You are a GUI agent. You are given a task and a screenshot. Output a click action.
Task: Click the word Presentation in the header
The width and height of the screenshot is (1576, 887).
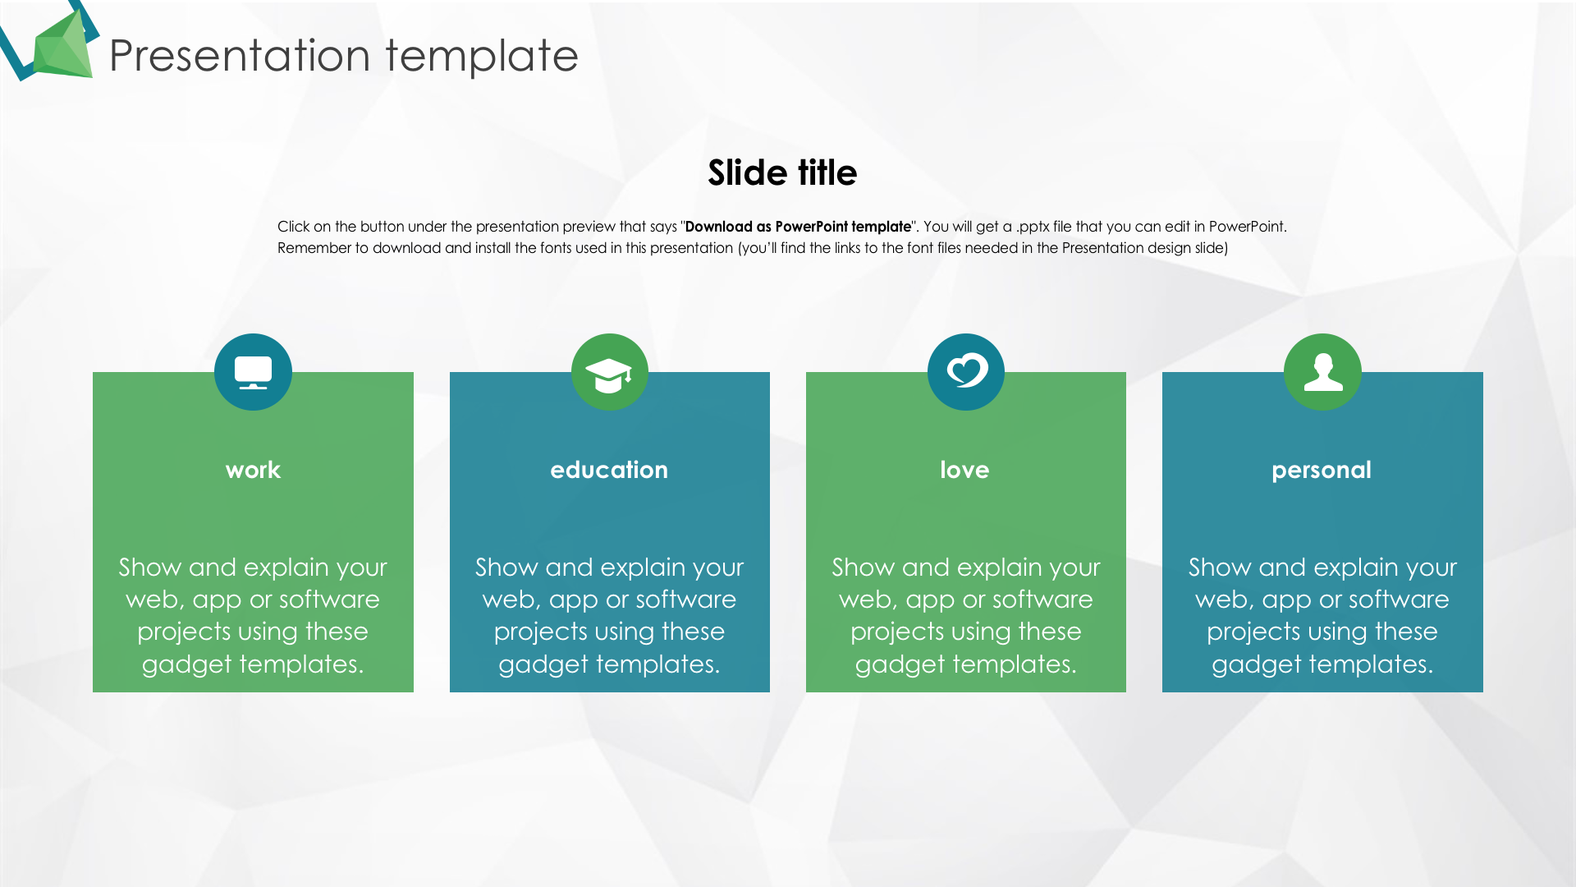(240, 56)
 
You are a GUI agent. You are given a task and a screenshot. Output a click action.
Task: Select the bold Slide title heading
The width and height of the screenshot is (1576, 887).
(782, 172)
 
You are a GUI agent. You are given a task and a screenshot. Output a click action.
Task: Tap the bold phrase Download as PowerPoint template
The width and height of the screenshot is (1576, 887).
(798, 227)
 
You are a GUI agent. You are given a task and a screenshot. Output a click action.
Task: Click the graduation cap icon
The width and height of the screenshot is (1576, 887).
(609, 375)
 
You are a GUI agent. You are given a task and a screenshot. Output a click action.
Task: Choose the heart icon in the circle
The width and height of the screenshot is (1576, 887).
(966, 370)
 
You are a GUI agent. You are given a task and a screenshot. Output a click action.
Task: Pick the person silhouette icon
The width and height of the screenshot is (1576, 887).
(1323, 371)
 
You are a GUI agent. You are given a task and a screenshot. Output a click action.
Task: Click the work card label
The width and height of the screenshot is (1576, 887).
(253, 470)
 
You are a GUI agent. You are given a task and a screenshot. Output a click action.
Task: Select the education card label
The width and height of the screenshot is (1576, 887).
(609, 470)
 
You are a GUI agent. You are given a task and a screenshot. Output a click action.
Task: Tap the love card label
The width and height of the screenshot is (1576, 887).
(964, 470)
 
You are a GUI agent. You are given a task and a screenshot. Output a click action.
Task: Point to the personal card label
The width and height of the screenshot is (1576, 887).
(1322, 471)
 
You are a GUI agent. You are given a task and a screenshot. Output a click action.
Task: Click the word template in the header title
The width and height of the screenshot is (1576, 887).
(482, 56)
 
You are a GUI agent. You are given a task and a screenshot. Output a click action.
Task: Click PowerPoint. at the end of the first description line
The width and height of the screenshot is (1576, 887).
(1248, 227)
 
